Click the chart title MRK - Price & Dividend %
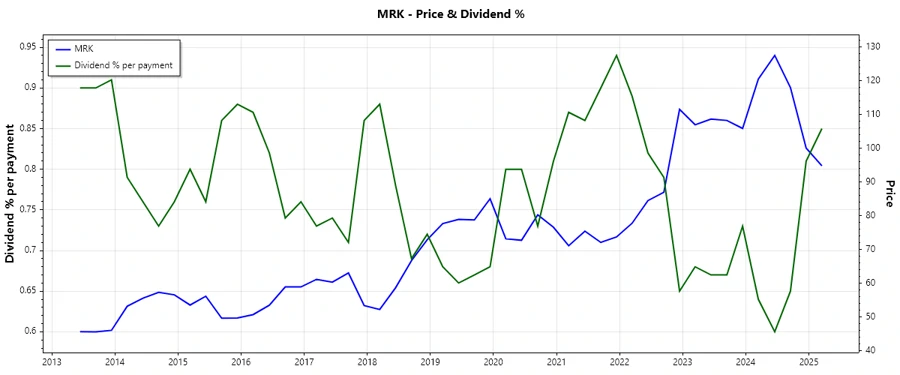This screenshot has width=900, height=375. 449,14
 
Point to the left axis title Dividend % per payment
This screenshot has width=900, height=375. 11,194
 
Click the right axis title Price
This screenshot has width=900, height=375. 888,194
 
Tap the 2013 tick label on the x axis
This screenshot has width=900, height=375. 51,362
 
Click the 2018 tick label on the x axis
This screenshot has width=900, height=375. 367,362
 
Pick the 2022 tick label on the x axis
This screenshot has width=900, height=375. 620,362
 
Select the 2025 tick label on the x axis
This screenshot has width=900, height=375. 809,362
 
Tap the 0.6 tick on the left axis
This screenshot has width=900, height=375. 31,331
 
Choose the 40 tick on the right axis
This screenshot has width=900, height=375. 871,350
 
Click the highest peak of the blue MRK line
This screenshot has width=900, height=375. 774,55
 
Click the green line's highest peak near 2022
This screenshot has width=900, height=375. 617,55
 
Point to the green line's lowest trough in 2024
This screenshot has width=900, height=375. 774,332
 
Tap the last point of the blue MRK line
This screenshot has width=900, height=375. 821,165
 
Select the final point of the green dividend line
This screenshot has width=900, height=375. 821,129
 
